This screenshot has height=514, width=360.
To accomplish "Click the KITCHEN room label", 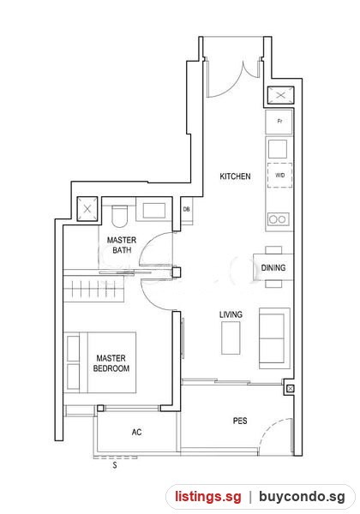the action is pos(235,176).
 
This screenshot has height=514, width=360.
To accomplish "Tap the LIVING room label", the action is pos(231,314).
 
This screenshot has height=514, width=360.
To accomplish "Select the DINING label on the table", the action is pos(273,268).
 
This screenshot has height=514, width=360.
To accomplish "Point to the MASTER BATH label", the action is pos(122,245).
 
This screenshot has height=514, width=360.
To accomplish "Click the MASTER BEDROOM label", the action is pos(111,363).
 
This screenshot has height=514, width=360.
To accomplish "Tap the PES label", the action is pos(240,421).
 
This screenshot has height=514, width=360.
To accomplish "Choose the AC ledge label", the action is pos(137,432).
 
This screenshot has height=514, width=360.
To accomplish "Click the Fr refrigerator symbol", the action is pos(279,122).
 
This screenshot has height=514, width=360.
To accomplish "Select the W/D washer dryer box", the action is pos(279,176).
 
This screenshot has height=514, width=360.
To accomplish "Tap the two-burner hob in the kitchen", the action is pos(279,219).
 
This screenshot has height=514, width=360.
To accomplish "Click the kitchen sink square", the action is pos(278,149).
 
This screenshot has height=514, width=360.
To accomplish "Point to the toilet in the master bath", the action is pos(119,216).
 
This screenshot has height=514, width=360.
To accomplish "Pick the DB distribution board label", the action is pos(186,209).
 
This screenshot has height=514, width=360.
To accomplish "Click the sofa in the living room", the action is pos(275,338).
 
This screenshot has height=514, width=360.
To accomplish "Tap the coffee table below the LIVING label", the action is pos(231,338).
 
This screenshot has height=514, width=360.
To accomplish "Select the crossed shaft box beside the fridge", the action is pos(280,95).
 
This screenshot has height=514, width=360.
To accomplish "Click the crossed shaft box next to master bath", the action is pos(87,209).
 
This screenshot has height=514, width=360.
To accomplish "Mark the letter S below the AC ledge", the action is pos(114,465).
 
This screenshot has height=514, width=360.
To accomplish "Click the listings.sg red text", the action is pos(208,497).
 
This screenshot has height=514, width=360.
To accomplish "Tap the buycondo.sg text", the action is pos(302,497).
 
